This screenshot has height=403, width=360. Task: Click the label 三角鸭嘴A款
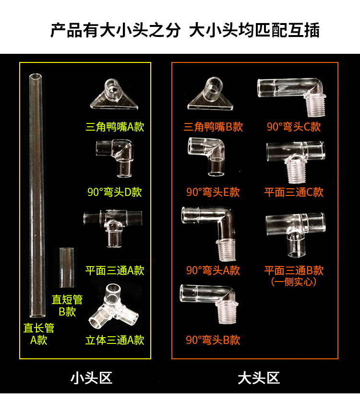tap(115, 127)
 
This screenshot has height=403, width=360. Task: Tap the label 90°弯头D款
tap(115, 192)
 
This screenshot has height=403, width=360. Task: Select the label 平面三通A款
tap(115, 270)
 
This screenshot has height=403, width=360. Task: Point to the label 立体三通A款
tap(115, 340)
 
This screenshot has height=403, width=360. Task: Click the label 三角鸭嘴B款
tap(213, 127)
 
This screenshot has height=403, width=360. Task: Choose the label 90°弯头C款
tap(294, 127)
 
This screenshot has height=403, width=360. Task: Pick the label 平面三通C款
tap(294, 192)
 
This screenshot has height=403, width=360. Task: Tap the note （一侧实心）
tap(294, 282)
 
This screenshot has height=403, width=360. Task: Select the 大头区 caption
tap(259, 378)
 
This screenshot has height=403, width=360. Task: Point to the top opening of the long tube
tap(36, 77)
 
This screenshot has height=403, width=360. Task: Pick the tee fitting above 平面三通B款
tap(295, 233)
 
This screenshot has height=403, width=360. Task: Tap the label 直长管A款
tap(39, 334)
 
